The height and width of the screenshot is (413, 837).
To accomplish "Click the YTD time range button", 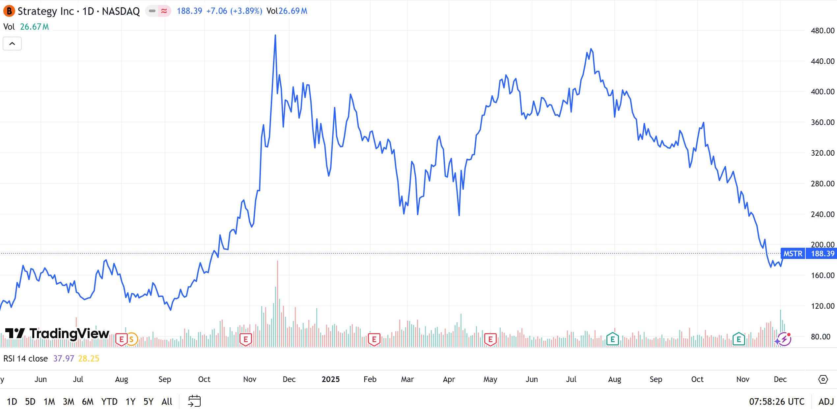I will click(109, 401).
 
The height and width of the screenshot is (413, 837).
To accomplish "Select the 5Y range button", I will click(148, 401).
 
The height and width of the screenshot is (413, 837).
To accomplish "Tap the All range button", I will click(167, 401).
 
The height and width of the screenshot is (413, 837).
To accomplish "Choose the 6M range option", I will click(88, 401).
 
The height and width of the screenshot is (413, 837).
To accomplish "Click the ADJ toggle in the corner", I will click(826, 401).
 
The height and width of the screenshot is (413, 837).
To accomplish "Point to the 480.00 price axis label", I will click(822, 31).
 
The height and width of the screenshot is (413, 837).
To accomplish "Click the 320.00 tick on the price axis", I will click(822, 153).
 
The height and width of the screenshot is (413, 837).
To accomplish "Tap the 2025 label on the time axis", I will click(330, 379).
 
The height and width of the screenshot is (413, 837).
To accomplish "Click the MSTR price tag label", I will click(793, 254).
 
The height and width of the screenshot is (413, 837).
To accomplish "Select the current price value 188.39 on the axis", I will click(823, 254).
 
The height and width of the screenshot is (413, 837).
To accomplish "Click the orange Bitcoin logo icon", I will click(9, 11).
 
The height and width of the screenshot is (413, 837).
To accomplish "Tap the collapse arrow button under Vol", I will click(12, 44).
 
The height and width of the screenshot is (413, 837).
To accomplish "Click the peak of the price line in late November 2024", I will click(275, 35).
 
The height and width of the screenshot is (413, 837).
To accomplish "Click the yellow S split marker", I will click(131, 339).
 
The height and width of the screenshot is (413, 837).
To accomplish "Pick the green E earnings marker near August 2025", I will click(612, 339).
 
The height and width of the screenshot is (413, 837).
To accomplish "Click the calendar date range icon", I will click(194, 401).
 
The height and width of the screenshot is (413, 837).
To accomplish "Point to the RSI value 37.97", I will click(64, 359).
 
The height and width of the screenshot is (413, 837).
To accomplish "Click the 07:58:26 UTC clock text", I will click(776, 401).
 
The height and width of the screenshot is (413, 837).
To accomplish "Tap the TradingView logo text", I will click(69, 334).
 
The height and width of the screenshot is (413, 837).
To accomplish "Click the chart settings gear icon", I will click(823, 379).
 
